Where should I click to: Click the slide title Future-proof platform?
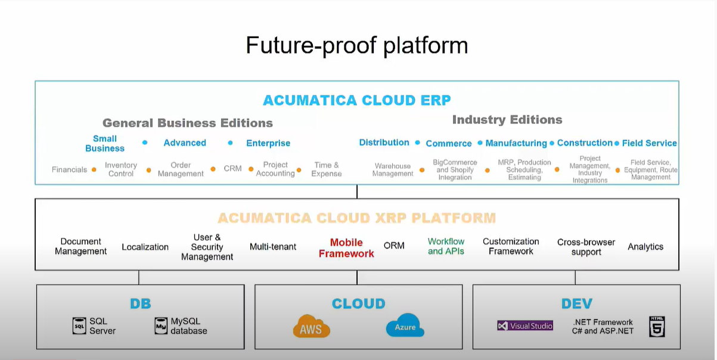coord(356,45)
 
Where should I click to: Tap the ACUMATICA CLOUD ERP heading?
coord(356,100)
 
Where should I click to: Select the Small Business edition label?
coord(105,143)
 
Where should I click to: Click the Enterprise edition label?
coord(268,143)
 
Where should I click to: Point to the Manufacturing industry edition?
coord(516,143)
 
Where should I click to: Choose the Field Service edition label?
coord(649,143)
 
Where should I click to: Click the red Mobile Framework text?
coord(346,248)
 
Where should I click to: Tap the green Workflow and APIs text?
coord(446,246)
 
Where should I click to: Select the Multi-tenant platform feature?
coord(273,247)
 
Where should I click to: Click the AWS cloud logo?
coord(311,327)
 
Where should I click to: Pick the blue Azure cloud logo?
coord(405,327)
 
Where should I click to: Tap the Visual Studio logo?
coord(525,325)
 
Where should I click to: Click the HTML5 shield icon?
coord(657,326)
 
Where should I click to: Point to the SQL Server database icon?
coord(79,325)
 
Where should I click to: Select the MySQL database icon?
coord(160,325)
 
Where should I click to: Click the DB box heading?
coord(140,303)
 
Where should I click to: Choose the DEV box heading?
coord(576,303)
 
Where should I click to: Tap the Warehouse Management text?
coord(393,170)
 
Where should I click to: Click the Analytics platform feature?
coord(645,247)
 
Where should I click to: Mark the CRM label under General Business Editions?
coord(232,169)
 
